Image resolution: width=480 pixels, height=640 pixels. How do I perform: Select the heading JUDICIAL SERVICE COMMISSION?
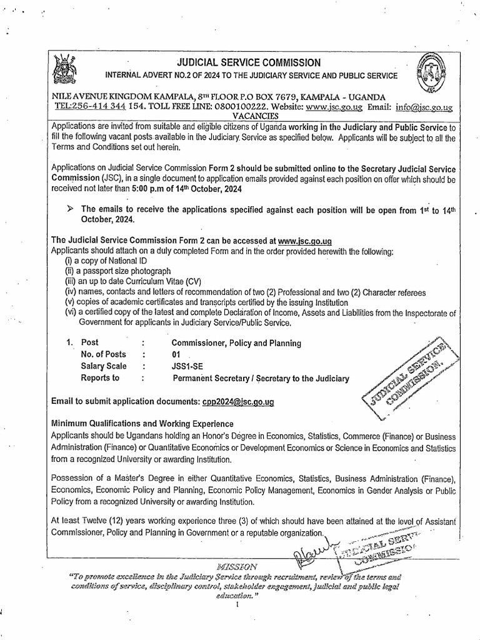(x=249, y=62)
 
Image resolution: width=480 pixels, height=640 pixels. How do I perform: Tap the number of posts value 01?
(x=176, y=354)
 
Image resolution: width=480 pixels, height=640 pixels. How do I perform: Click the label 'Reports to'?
(x=100, y=378)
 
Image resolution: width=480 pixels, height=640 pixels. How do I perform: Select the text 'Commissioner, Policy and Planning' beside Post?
(x=236, y=342)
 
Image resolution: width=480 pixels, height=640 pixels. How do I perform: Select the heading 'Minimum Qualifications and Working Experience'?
(x=156, y=423)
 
